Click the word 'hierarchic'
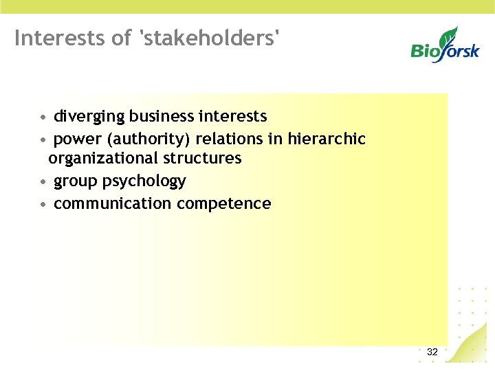click(x=327, y=139)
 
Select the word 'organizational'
click(x=103, y=159)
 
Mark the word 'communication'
click(x=112, y=204)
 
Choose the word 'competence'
click(x=224, y=204)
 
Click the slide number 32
click(x=432, y=352)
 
